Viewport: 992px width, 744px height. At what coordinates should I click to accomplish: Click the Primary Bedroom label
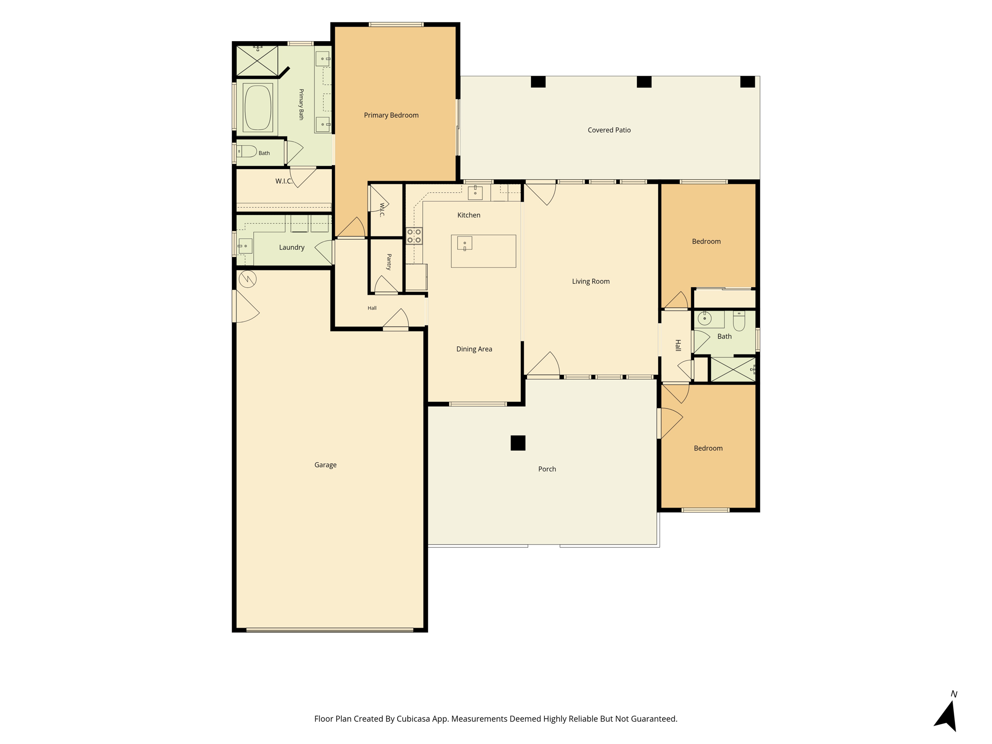coord(391,115)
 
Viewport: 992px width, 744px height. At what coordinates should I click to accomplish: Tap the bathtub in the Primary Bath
coord(258,107)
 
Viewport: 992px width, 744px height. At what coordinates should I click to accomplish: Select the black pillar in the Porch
coord(518,443)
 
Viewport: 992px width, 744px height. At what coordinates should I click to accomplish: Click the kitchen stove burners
coord(414,236)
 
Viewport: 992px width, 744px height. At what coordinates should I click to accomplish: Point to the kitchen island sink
coord(465,243)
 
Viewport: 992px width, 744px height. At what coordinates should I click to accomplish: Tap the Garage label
coord(325,465)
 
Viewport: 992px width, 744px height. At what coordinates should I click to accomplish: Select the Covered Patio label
coord(609,130)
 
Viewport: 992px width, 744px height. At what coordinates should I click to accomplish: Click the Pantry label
coord(389,262)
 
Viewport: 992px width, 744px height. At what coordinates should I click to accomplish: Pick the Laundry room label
coord(292,248)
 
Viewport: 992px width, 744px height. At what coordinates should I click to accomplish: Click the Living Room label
coord(590,281)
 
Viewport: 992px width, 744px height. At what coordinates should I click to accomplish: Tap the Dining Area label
coord(474,349)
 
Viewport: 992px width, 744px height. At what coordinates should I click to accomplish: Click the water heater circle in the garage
coord(248,279)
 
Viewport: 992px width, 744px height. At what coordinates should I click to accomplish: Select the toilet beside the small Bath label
coord(247,152)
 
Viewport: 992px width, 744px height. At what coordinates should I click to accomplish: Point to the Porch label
coord(547,469)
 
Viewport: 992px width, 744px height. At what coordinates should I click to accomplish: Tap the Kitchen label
coord(469,215)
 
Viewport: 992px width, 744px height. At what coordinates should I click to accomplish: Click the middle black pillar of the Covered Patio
coord(644,82)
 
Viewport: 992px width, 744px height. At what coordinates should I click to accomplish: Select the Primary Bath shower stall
coord(257,61)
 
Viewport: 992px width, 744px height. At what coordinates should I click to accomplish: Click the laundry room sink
coord(245,246)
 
